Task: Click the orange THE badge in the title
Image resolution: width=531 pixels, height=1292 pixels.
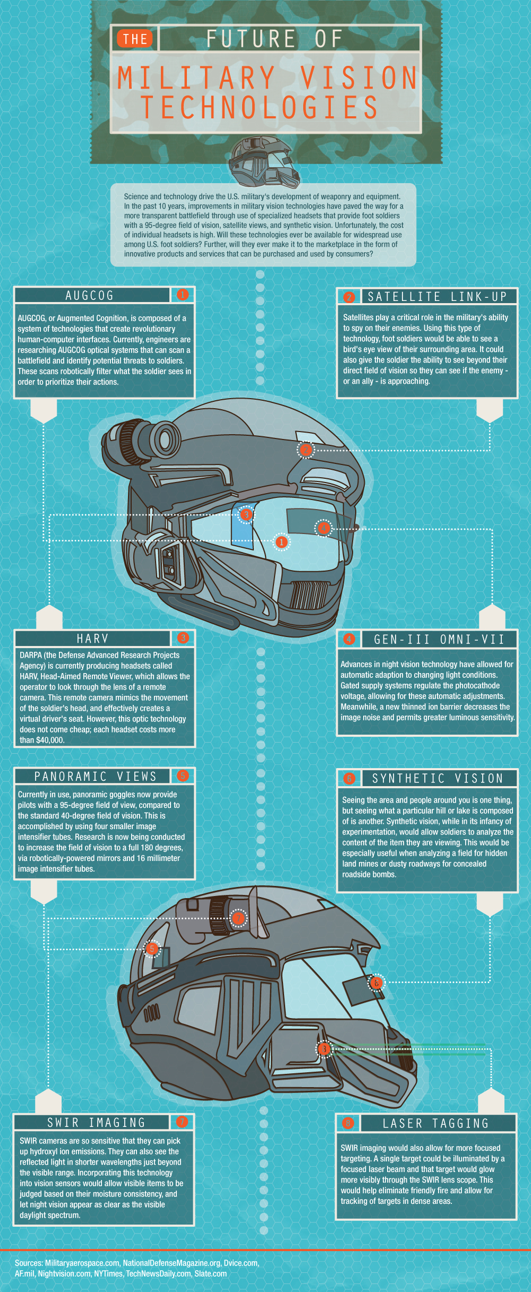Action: tap(135, 39)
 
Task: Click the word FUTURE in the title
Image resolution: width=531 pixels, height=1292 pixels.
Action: tap(251, 39)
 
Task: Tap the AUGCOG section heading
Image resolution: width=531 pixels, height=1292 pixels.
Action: tap(90, 296)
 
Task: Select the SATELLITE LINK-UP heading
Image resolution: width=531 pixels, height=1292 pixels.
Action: tap(438, 297)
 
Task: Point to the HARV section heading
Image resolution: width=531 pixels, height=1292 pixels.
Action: tap(92, 639)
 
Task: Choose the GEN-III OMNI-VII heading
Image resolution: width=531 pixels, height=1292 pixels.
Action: tap(439, 640)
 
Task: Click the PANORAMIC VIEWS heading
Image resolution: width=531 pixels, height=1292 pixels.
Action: tap(96, 777)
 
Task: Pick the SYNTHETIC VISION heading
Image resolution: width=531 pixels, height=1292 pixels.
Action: tap(438, 779)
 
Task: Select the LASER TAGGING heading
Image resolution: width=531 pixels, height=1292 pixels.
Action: tap(435, 1124)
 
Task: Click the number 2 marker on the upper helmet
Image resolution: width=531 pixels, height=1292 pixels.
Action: tap(305, 450)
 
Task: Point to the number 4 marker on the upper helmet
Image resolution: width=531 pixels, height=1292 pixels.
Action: tap(323, 528)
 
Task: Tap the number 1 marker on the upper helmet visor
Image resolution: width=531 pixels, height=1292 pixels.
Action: tap(281, 542)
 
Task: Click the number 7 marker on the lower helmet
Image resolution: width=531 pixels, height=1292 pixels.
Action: tap(238, 918)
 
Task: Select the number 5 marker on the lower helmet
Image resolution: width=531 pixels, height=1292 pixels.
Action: tap(152, 949)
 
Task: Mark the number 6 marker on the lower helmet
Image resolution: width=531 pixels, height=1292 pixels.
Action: tap(376, 983)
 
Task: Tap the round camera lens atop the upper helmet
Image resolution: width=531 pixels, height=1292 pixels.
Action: tap(165, 440)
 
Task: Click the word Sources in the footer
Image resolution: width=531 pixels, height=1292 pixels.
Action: tap(29, 1263)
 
